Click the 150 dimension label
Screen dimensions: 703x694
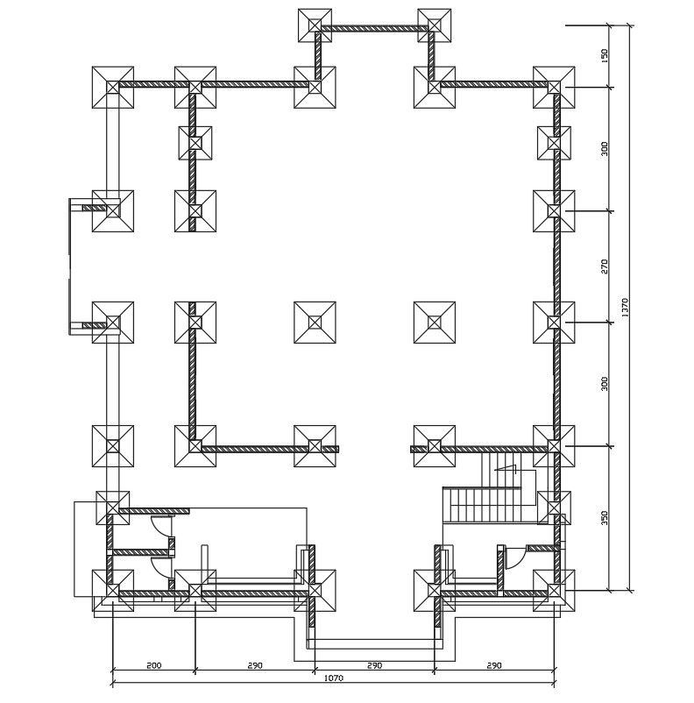click(x=604, y=55)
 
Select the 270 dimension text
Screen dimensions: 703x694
click(x=604, y=266)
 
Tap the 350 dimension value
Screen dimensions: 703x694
click(x=604, y=518)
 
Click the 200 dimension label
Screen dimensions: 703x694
click(x=153, y=666)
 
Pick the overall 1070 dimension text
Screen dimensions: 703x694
click(x=333, y=678)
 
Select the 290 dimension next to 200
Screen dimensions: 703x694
click(x=255, y=666)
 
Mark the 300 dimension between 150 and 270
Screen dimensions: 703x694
click(x=604, y=149)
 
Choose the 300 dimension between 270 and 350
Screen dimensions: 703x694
click(x=604, y=384)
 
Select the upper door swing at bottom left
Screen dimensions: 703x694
click(x=163, y=526)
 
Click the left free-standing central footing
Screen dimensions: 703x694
click(x=315, y=323)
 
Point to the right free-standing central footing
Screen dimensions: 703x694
click(x=435, y=323)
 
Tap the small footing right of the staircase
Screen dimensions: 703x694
click(x=554, y=508)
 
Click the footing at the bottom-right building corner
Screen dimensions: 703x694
click(x=554, y=591)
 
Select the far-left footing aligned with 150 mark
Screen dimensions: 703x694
click(x=113, y=87)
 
